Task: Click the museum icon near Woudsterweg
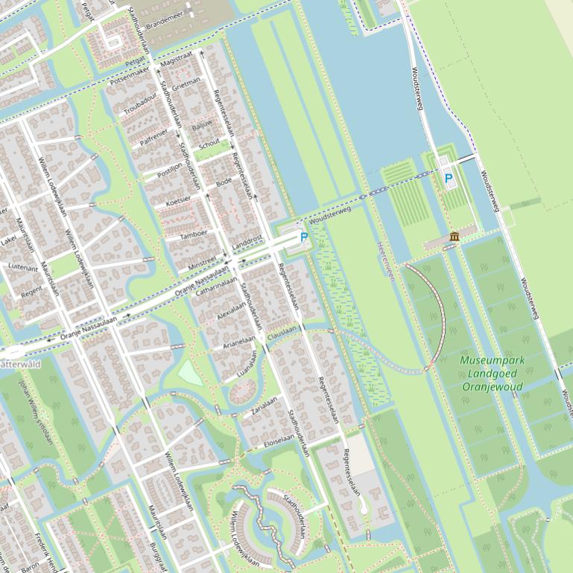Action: click(x=455, y=237)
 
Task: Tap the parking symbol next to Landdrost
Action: click(x=304, y=237)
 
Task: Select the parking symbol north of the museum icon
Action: click(x=448, y=179)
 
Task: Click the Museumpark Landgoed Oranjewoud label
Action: click(x=492, y=373)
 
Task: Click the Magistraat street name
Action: click(x=176, y=57)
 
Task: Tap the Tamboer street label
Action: click(x=193, y=234)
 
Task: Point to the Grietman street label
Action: click(x=186, y=87)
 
